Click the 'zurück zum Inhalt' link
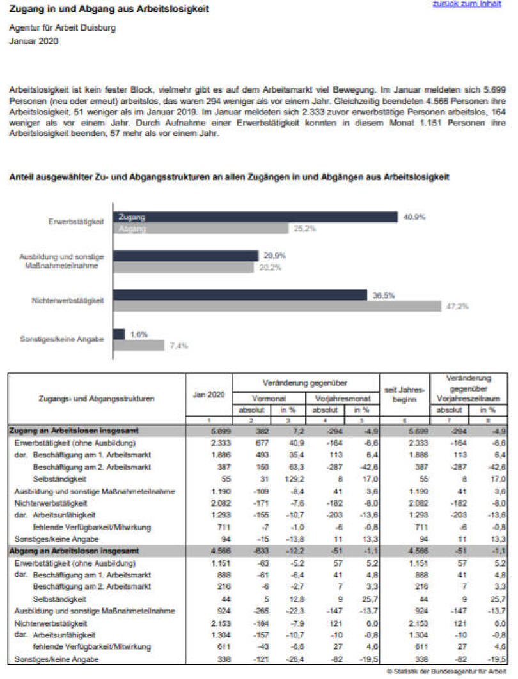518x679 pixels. coord(466,4)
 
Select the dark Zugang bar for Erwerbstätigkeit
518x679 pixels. coord(256,217)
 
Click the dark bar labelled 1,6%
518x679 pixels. coord(118,334)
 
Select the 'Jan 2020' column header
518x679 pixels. coord(208,395)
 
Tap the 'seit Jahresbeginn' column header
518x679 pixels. coord(401,395)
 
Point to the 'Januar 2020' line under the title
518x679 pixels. coord(33,42)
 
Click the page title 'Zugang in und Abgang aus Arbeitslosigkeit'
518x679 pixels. coord(109,10)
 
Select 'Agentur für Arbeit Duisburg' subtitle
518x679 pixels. coord(63,29)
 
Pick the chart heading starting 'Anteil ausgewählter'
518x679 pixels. coord(228,177)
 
